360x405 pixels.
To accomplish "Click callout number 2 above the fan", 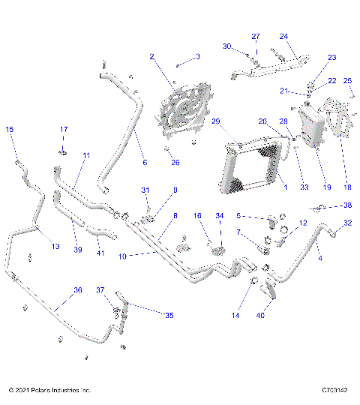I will [x=151, y=56].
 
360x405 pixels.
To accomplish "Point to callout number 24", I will [x=283, y=36].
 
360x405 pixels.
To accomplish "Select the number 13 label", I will [x=54, y=246].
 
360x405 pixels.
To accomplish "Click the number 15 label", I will [x=10, y=130].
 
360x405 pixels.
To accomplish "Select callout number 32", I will [x=347, y=223].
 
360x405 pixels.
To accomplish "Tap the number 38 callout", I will [x=347, y=205].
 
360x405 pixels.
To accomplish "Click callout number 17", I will [x=64, y=130].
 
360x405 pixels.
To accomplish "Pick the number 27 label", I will [x=255, y=36].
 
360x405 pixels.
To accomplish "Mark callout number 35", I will [x=169, y=316].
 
